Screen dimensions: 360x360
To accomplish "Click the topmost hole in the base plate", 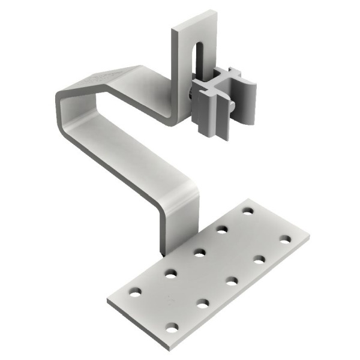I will pos(247,211).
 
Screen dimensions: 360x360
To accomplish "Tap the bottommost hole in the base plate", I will pos(172,327).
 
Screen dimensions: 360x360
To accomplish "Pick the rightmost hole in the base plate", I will pos(284,239).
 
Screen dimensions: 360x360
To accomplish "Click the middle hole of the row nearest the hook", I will pos(200,252).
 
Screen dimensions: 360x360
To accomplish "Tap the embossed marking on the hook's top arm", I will pos(97,79).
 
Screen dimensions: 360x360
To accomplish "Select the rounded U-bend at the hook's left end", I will pos(61,105).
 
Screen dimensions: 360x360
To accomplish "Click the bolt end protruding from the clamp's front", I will pos(231,108).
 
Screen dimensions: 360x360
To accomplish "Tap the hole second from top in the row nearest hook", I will pos(223,229).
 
